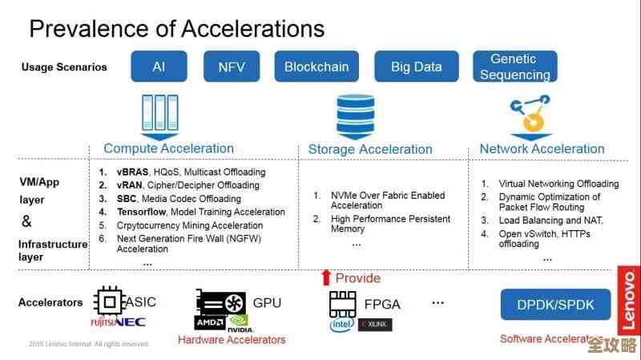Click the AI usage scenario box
[x=159, y=67]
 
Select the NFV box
[x=232, y=67]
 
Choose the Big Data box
[x=416, y=67]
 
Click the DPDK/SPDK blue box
[x=555, y=304]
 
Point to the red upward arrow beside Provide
[x=325, y=277]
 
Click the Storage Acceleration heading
[x=370, y=149]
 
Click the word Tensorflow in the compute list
[x=141, y=212]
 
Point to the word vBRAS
[x=132, y=172]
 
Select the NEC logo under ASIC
[x=130, y=322]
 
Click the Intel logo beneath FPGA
[x=341, y=325]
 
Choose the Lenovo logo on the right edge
[x=629, y=301]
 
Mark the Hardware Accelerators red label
[x=232, y=340]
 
